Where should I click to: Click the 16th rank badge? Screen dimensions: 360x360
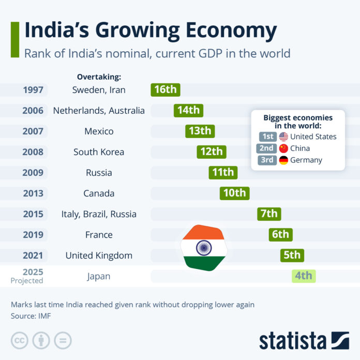click(x=165, y=89)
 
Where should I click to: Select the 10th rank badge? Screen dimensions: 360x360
click(x=234, y=193)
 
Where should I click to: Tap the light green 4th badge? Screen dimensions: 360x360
click(x=304, y=276)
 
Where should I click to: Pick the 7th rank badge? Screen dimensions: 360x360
click(x=269, y=214)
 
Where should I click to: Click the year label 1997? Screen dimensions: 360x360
click(x=33, y=89)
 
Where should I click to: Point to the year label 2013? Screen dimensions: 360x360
click(x=33, y=193)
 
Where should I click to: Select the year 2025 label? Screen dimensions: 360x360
click(x=33, y=272)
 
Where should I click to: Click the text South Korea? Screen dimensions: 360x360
click(x=99, y=152)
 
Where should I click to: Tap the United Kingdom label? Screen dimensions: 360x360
click(x=99, y=255)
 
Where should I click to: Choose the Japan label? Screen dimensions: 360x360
click(x=99, y=276)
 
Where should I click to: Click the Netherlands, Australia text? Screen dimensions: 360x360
click(x=99, y=110)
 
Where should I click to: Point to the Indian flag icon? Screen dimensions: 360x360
click(x=203, y=248)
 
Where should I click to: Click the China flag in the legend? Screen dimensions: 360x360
click(x=283, y=148)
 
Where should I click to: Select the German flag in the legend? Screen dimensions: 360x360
click(x=283, y=160)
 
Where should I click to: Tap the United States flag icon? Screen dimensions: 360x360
click(x=283, y=137)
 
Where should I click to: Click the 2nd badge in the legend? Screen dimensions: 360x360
click(x=267, y=148)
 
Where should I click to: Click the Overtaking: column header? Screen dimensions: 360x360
click(x=99, y=77)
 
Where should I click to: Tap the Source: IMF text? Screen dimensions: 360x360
click(x=31, y=315)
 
